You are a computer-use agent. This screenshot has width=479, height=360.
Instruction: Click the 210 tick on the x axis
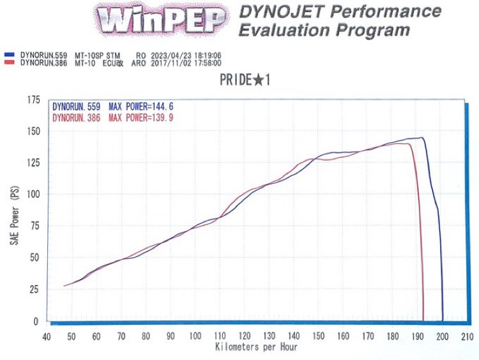[467, 336]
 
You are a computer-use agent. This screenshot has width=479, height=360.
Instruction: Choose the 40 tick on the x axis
[47, 336]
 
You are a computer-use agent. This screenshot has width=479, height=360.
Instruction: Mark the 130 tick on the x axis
[269, 336]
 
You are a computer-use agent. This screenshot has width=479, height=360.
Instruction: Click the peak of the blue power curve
[421, 138]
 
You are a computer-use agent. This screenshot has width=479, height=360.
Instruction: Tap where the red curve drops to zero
[423, 320]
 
